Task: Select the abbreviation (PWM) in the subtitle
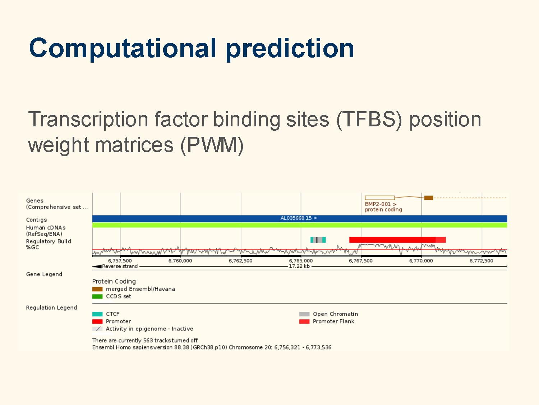(212, 145)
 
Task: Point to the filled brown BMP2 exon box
(429, 198)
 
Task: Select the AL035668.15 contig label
(299, 218)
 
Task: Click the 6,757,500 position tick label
(120, 261)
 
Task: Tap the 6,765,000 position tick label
(301, 261)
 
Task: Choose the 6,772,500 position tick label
(481, 261)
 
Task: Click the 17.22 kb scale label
(299, 266)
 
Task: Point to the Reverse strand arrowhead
(97, 266)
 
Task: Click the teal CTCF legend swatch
(97, 314)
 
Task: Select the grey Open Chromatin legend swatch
(304, 314)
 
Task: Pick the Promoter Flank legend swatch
(304, 321)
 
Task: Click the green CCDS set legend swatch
(97, 297)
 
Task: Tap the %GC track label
(33, 247)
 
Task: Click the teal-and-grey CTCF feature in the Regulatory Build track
(318, 240)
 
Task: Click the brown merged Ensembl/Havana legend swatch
(97, 289)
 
